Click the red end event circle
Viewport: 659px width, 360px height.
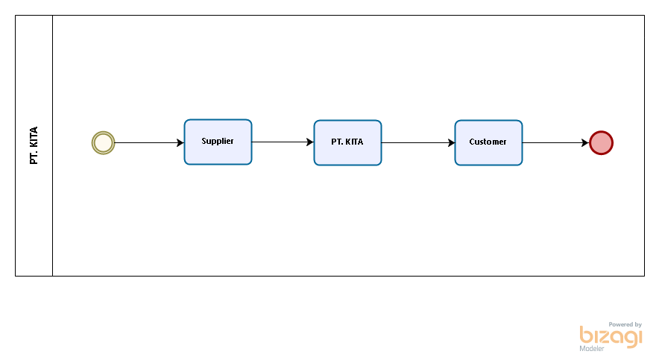[601, 143]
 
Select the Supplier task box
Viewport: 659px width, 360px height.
[218, 142]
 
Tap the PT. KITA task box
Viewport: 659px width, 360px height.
[347, 143]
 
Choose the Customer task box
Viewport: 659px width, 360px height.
[488, 143]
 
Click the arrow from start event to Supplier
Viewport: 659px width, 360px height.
[149, 143]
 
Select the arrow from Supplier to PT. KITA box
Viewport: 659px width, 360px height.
[283, 142]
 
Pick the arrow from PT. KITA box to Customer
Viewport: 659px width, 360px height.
[418, 143]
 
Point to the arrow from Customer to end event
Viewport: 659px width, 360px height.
[555, 143]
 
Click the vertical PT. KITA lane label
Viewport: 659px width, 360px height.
[34, 145]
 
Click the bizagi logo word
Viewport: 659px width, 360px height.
[611, 336]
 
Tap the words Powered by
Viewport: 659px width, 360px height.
[625, 324]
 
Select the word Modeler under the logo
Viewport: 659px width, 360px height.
[592, 348]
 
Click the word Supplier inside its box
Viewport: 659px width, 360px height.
[218, 141]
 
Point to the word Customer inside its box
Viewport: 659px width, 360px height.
[488, 142]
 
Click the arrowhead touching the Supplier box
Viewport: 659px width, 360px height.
[180, 143]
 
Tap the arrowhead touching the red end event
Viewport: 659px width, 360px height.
[585, 143]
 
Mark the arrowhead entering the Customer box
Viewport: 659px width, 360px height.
[451, 143]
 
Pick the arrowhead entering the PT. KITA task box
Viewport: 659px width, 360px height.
[310, 142]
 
